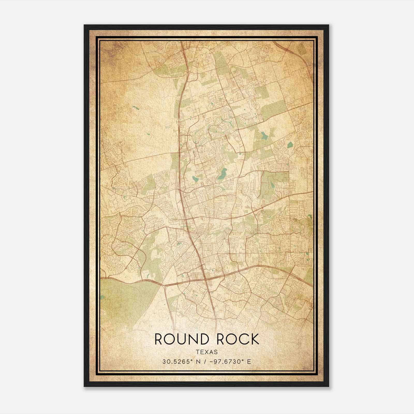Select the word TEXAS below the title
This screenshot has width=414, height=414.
(x=207, y=352)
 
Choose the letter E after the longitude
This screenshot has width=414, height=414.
(x=249, y=362)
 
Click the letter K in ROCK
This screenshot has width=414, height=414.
(x=255, y=339)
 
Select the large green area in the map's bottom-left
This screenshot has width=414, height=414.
(x=124, y=300)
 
